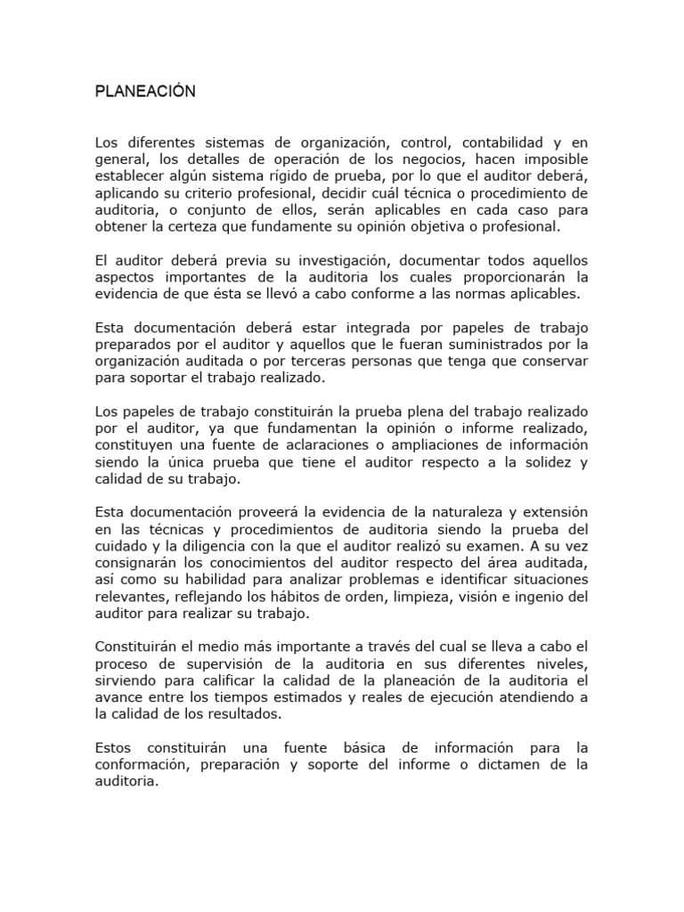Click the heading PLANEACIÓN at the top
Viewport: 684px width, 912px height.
pyautogui.click(x=144, y=92)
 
